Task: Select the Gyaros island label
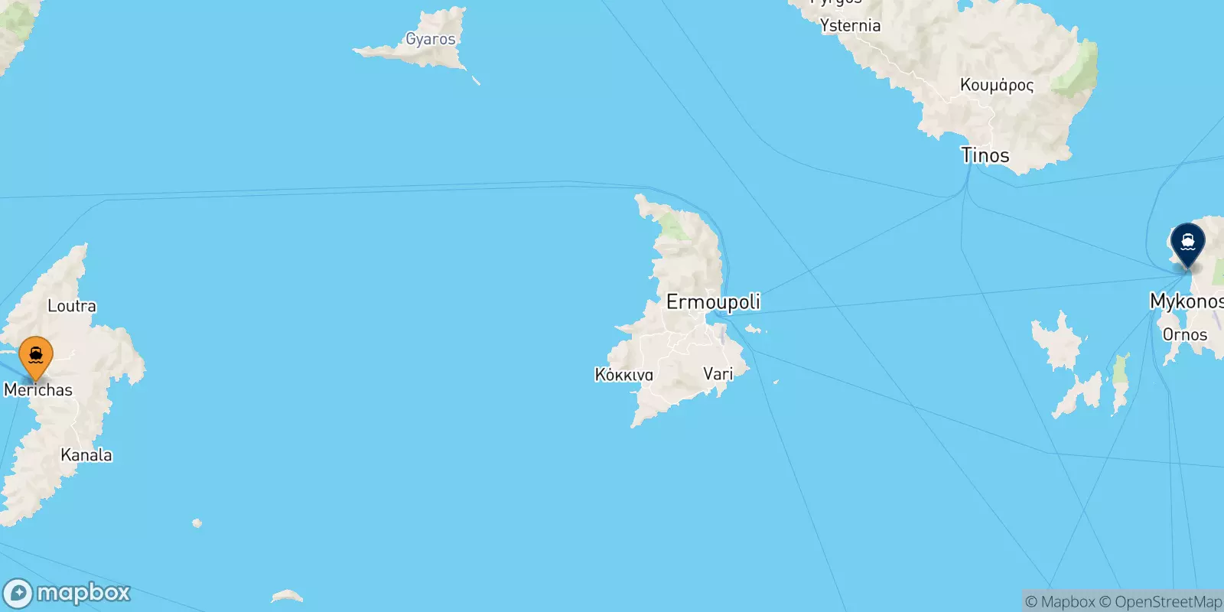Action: (x=430, y=39)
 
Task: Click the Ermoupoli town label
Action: (x=713, y=302)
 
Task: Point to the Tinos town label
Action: (x=985, y=155)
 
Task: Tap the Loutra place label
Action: (x=72, y=306)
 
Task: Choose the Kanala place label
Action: (x=86, y=455)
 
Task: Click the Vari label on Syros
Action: (x=718, y=373)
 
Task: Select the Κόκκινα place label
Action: (x=624, y=375)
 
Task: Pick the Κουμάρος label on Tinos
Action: (x=997, y=85)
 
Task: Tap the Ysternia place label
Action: (x=850, y=26)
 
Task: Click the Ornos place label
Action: (x=1184, y=334)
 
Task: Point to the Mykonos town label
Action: (x=1186, y=301)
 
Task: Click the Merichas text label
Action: (x=38, y=390)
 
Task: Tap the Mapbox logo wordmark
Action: (x=83, y=593)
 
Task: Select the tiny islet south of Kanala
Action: (x=197, y=523)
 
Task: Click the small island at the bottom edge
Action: (x=287, y=595)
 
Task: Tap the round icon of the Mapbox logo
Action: (x=18, y=594)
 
